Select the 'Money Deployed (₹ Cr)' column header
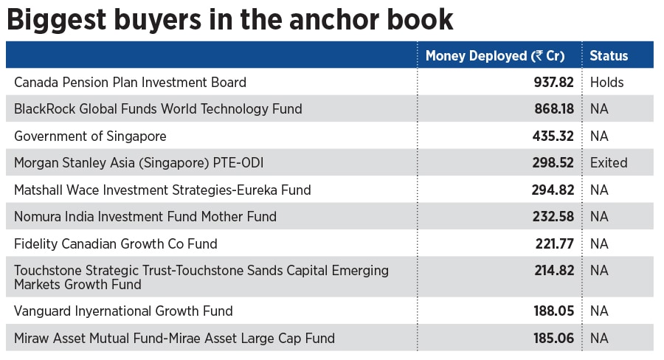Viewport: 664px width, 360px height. tap(495, 55)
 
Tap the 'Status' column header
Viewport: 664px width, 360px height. tap(609, 55)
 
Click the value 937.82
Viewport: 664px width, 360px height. tap(553, 82)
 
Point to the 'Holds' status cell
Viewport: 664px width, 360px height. tap(606, 82)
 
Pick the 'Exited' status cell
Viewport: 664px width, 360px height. tap(609, 162)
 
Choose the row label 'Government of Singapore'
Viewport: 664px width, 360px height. tap(90, 136)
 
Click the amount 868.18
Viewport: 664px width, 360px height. tap(553, 108)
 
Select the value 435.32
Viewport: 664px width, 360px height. tap(553, 136)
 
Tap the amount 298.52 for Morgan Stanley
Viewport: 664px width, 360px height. tap(553, 162)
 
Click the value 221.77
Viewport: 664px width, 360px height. tap(554, 243)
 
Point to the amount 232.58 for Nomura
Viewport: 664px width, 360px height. tap(553, 216)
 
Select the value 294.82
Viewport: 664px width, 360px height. tap(553, 190)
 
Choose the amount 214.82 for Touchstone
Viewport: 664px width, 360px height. tap(553, 271)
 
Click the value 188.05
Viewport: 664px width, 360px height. tap(553, 311)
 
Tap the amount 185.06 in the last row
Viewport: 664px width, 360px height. tap(553, 339)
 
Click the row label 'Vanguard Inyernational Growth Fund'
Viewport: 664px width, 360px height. tap(123, 311)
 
